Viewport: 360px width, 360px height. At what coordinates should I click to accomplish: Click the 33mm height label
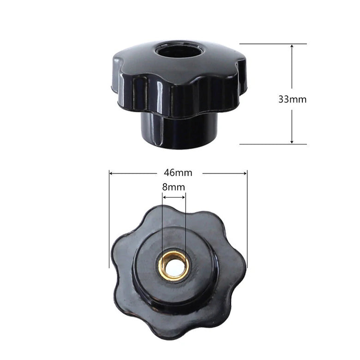pyautogui.click(x=292, y=99)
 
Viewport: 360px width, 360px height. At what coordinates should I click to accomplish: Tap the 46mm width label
pyautogui.click(x=178, y=173)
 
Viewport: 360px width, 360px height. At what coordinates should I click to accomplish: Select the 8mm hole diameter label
pyautogui.click(x=174, y=187)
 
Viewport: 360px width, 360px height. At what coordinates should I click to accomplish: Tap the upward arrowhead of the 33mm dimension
pyautogui.click(x=292, y=47)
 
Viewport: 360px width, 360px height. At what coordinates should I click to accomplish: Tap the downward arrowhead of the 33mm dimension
pyautogui.click(x=292, y=141)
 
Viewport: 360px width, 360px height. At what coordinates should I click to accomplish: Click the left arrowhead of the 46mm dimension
pyautogui.click(x=112, y=174)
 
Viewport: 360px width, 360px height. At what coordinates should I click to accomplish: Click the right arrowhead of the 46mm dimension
pyautogui.click(x=244, y=174)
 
